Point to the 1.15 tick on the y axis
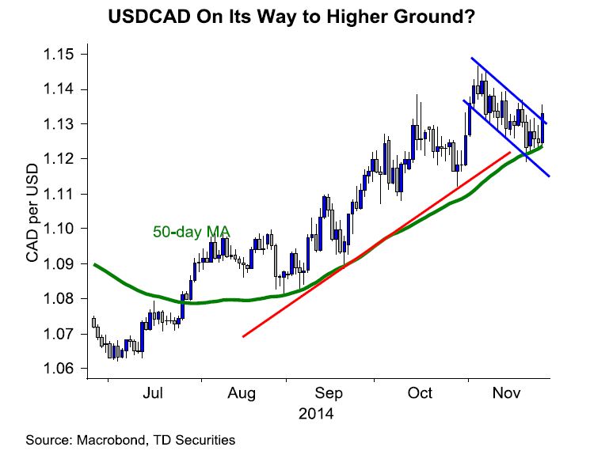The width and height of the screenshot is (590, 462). point(63,55)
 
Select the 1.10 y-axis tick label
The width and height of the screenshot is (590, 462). point(63,229)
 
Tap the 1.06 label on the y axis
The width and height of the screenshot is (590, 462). point(63,369)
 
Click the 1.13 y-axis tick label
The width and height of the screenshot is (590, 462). point(63,124)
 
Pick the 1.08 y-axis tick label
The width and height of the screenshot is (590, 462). point(63,299)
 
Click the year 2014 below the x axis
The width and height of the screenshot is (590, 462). point(316,414)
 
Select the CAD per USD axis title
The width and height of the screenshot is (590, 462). point(33,211)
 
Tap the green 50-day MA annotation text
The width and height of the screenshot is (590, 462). point(190,232)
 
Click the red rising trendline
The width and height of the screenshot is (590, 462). point(372,246)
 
